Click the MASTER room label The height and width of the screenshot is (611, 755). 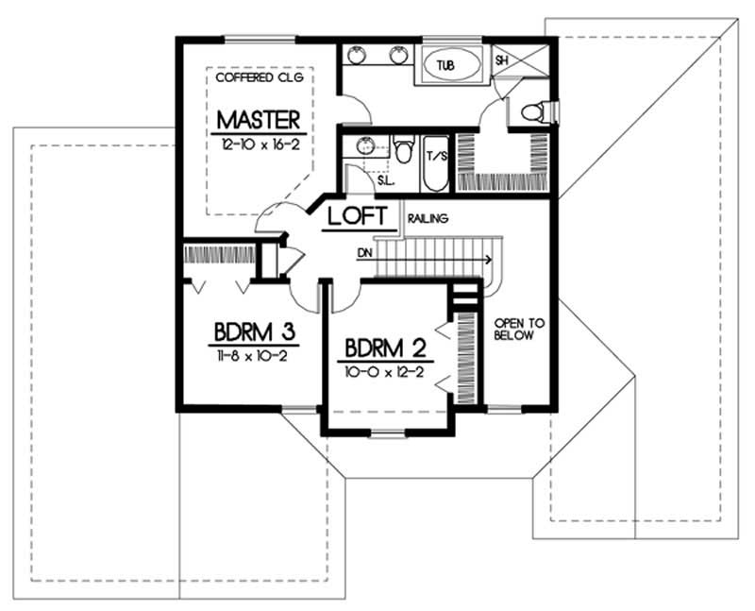(259, 120)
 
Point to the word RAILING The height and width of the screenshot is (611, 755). (428, 219)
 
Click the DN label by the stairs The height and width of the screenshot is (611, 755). (365, 253)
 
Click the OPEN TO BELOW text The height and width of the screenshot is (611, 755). (513, 330)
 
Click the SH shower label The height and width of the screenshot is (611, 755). (501, 59)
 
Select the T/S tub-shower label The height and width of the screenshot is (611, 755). (436, 157)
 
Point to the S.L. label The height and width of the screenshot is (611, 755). (360, 179)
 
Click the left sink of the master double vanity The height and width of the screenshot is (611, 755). (359, 55)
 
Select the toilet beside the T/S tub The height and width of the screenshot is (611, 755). (404, 151)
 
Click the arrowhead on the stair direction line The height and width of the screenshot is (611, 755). (487, 257)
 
